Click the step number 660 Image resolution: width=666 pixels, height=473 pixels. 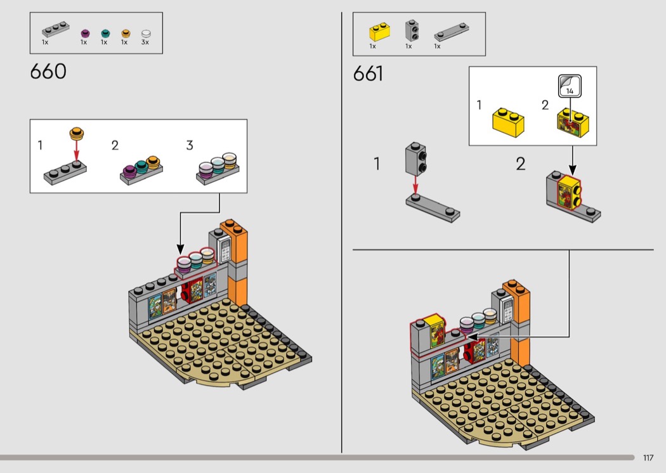pos(48,72)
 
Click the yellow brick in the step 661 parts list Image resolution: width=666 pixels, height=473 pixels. pos(379,32)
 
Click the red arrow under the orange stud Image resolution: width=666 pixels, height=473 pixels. pos(77,151)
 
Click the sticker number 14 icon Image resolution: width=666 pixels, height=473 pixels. pos(570,86)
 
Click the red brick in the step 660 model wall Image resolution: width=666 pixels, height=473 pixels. pos(186,290)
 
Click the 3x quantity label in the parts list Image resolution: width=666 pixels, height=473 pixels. pos(145,42)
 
